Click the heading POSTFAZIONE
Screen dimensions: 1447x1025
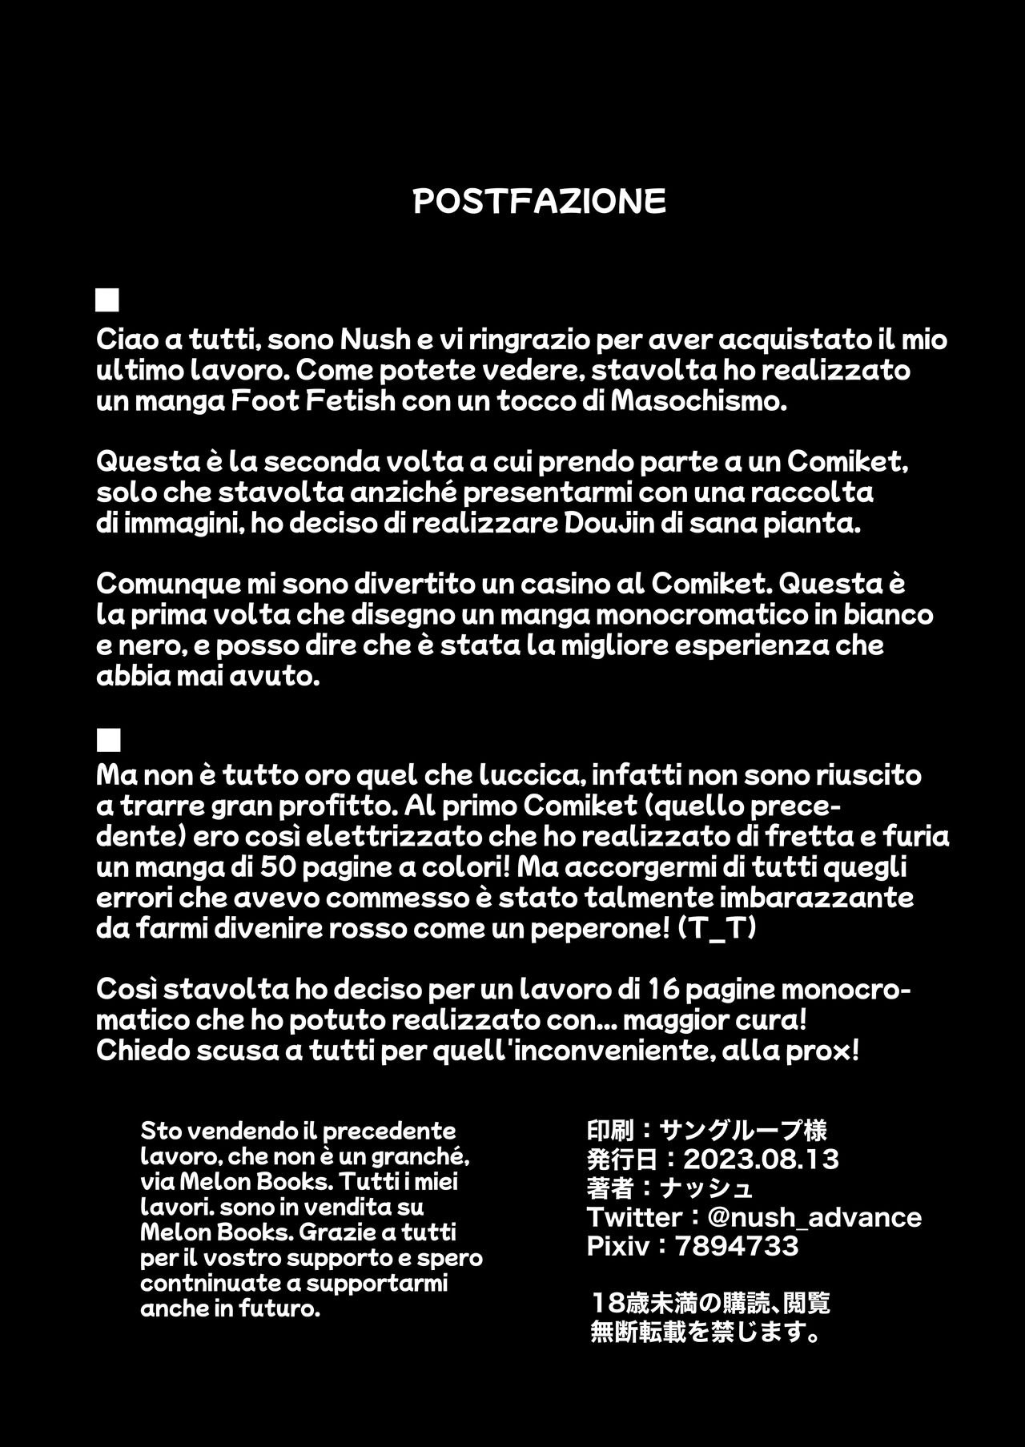coord(539,202)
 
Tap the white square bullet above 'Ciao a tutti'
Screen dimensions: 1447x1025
coord(107,300)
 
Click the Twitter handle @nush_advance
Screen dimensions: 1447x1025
coord(814,1217)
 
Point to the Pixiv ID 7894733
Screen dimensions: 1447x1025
coord(737,1246)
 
